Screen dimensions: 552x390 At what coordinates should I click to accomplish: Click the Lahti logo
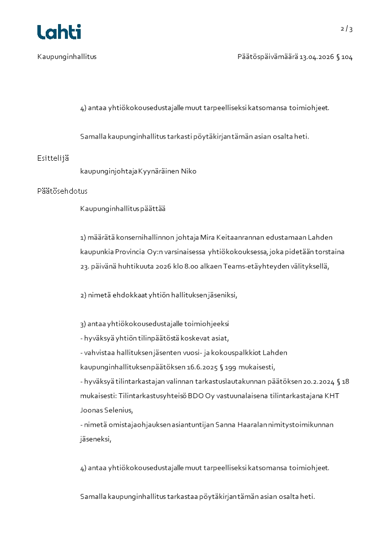tap(59, 32)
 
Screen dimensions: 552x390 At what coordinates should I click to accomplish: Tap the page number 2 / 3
tap(347, 29)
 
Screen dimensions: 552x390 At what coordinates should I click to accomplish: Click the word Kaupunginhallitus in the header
tap(67, 57)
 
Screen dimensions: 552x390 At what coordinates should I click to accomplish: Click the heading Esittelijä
tap(53, 158)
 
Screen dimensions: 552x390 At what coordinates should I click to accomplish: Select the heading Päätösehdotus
tap(62, 191)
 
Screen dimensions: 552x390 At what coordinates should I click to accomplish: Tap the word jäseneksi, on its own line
tap(96, 439)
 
